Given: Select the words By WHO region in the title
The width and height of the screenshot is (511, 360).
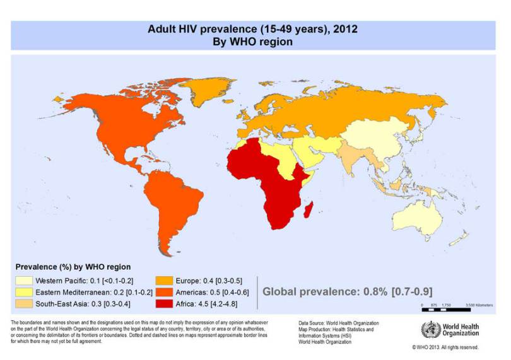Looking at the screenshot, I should [255, 42].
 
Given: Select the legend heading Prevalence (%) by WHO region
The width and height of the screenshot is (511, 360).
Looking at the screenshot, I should [73, 267].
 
